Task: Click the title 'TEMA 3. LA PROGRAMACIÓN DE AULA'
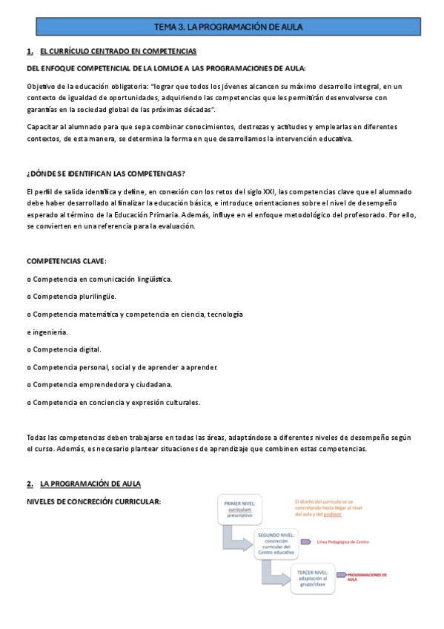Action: [228, 27]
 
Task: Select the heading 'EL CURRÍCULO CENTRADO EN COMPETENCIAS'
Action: [118, 51]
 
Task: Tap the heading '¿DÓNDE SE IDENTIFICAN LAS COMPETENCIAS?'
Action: [105, 174]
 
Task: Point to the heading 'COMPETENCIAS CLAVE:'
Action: [67, 261]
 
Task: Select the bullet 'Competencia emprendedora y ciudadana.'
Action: [99, 384]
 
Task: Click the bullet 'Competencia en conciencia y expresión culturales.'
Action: [113, 402]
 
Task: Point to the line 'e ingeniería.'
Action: [47, 332]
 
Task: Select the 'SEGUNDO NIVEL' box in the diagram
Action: [276, 543]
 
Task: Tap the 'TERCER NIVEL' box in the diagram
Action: [312, 576]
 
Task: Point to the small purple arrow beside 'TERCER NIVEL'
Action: [340, 575]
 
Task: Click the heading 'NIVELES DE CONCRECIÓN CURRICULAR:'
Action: [93, 501]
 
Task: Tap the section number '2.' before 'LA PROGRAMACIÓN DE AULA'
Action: [30, 484]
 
